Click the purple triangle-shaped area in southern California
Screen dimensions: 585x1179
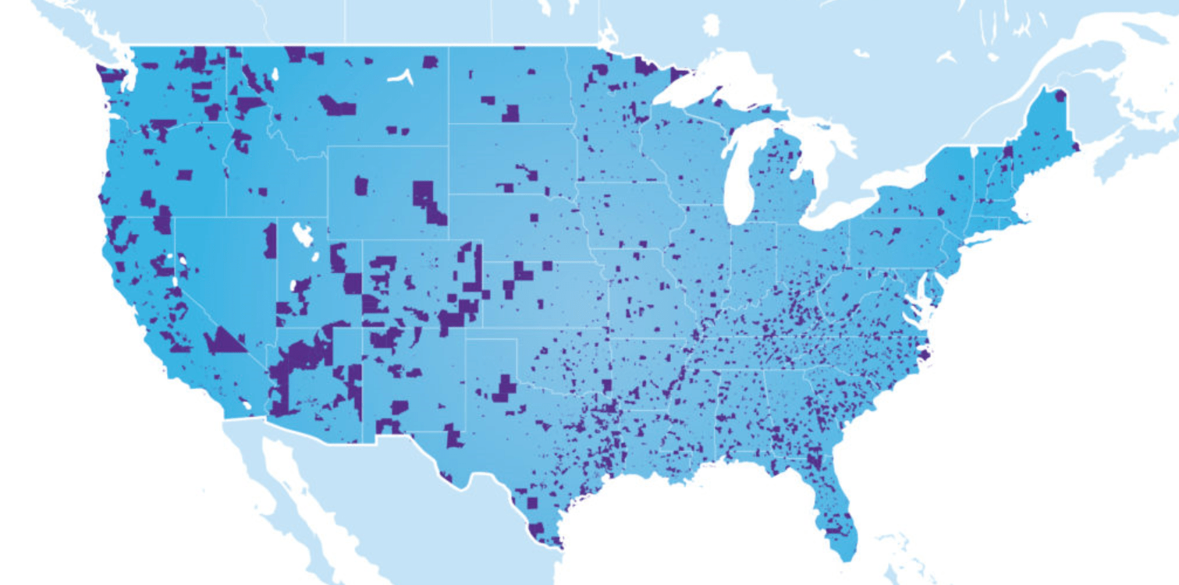[223, 341]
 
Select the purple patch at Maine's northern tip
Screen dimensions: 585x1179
[1060, 96]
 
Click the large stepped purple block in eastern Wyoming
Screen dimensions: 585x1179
[427, 200]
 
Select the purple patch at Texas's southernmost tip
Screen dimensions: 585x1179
[536, 531]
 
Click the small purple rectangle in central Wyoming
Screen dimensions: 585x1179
[361, 186]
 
